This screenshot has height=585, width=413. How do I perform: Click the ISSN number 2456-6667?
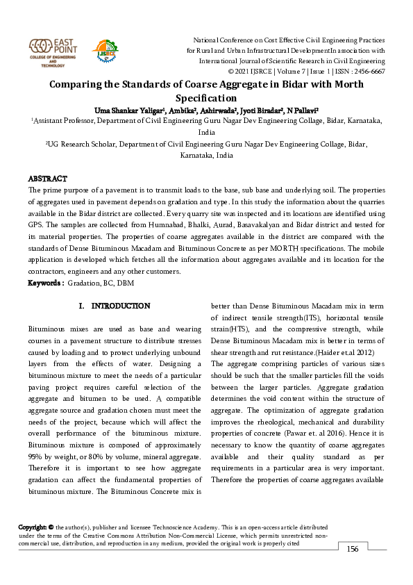point(369,72)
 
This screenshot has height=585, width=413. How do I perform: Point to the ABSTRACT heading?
point(47,179)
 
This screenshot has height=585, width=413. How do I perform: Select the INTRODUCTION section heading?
point(121,306)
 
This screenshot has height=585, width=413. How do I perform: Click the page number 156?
point(353,549)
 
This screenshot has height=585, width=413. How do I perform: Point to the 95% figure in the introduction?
point(35,456)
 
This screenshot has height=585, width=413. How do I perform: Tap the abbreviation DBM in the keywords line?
point(124,283)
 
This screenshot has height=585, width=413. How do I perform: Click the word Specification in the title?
point(207,98)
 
